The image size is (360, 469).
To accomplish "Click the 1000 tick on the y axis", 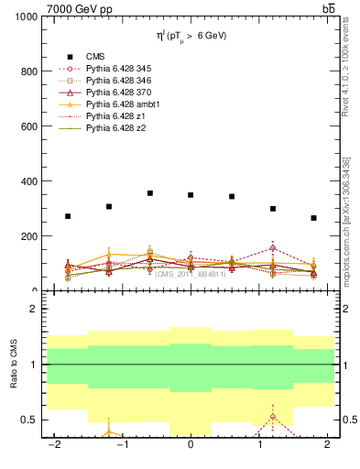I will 26,17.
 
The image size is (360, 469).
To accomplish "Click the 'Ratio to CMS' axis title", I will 14,364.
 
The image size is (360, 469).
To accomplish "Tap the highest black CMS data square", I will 150,193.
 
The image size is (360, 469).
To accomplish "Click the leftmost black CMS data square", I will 68,216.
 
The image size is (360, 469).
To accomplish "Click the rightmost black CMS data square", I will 313,218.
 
